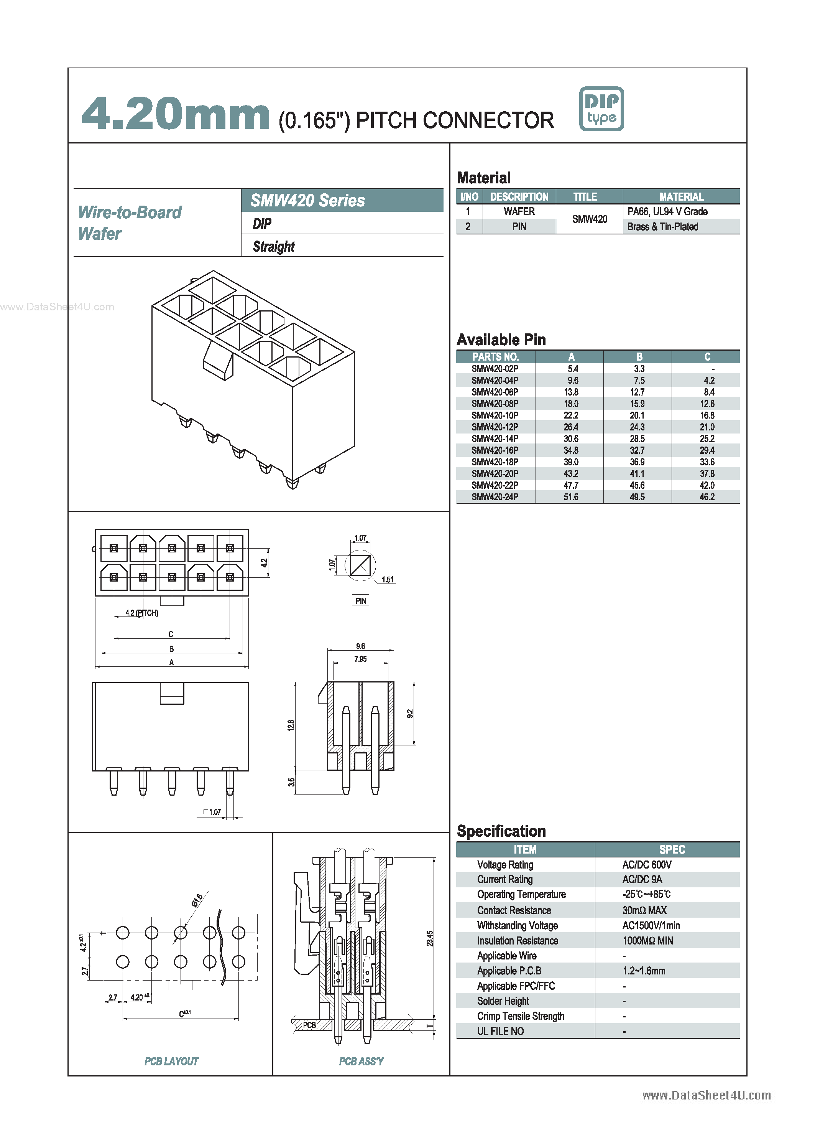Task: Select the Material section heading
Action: [483, 178]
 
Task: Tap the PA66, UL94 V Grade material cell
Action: [667, 211]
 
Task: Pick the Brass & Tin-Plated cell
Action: [662, 226]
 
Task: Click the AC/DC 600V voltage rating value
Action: [646, 864]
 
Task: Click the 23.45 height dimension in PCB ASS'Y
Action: [430, 938]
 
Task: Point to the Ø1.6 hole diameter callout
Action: [197, 900]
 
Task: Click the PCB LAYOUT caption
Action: [171, 1061]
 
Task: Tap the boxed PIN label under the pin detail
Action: [360, 601]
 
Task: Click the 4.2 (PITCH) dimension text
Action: [141, 613]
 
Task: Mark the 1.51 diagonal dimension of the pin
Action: [388, 580]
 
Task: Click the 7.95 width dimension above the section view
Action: [360, 659]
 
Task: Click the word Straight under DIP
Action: [273, 247]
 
